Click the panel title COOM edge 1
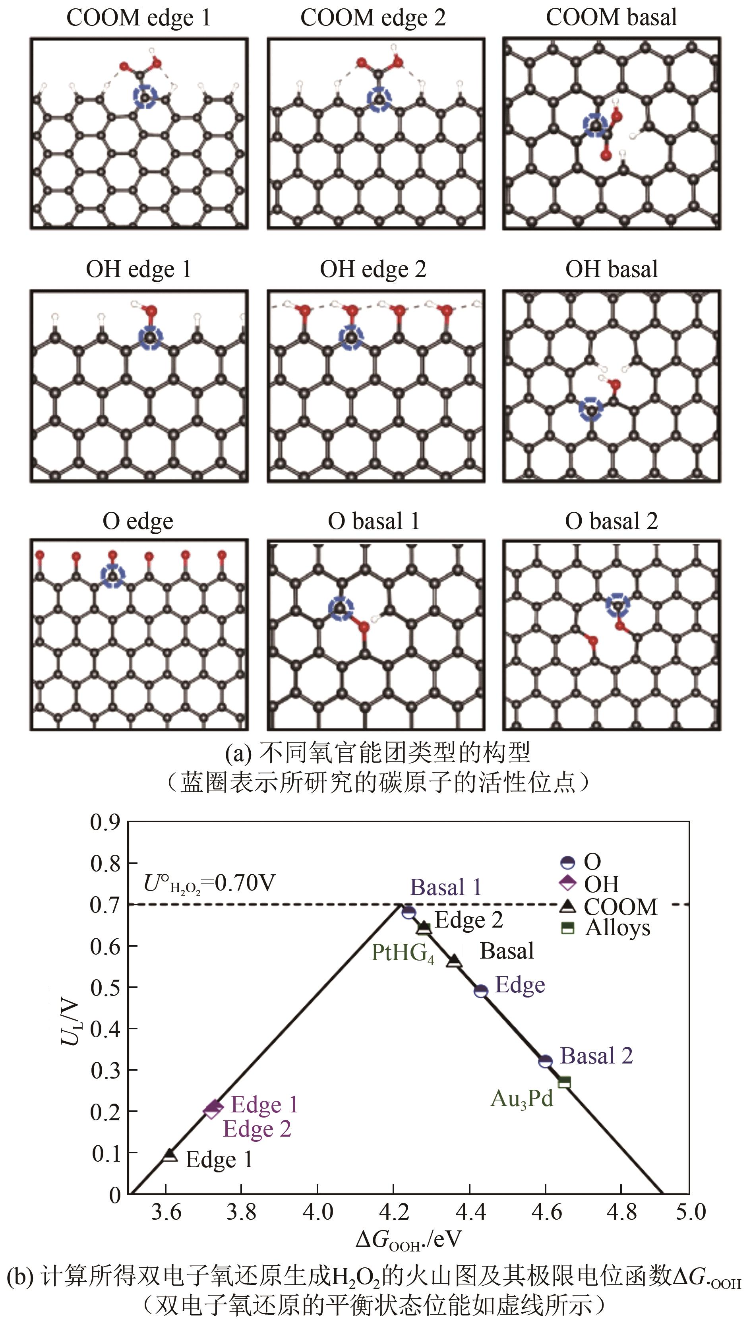pyautogui.click(x=138, y=18)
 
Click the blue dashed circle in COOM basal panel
pyautogui.click(x=595, y=125)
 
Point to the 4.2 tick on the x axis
pyautogui.click(x=393, y=1211)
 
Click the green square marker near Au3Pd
pyautogui.click(x=565, y=1081)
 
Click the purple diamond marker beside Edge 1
pyautogui.click(x=213, y=1108)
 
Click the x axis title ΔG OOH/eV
pyautogui.click(x=408, y=1239)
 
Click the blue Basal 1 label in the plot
pyautogui.click(x=445, y=887)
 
